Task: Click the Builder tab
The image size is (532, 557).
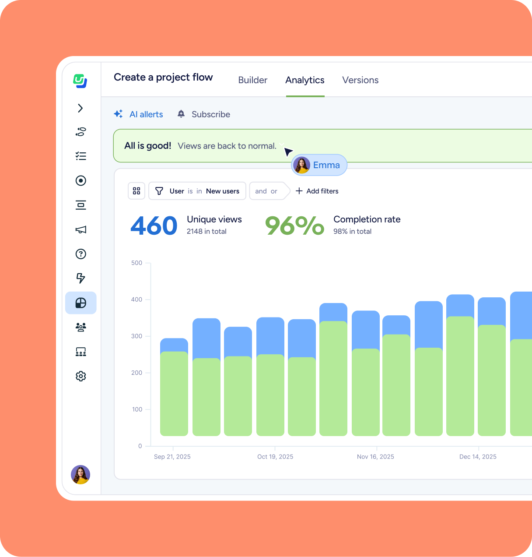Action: click(252, 80)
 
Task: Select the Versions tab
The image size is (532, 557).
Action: click(360, 80)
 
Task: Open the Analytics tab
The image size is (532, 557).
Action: click(305, 80)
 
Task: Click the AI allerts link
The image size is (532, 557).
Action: click(146, 114)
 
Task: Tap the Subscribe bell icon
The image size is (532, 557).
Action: click(181, 114)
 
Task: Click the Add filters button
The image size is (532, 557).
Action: click(317, 191)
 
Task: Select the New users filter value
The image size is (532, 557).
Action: click(223, 191)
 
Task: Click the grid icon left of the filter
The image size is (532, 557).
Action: click(136, 191)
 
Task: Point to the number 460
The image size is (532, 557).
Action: click(154, 226)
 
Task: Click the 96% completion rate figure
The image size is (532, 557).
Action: click(294, 226)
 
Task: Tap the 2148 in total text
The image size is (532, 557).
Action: click(206, 232)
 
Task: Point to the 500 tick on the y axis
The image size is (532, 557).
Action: click(137, 263)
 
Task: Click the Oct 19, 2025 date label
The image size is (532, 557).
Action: click(275, 457)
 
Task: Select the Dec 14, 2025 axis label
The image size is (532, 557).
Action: click(478, 457)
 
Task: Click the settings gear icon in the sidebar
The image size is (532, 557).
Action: click(81, 376)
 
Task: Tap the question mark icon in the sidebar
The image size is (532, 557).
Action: click(81, 254)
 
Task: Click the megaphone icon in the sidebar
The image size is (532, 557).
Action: click(81, 229)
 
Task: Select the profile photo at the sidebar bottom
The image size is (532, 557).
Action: click(80, 475)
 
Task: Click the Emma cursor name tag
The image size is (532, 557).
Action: click(319, 165)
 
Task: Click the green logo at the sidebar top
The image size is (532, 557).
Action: click(80, 81)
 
